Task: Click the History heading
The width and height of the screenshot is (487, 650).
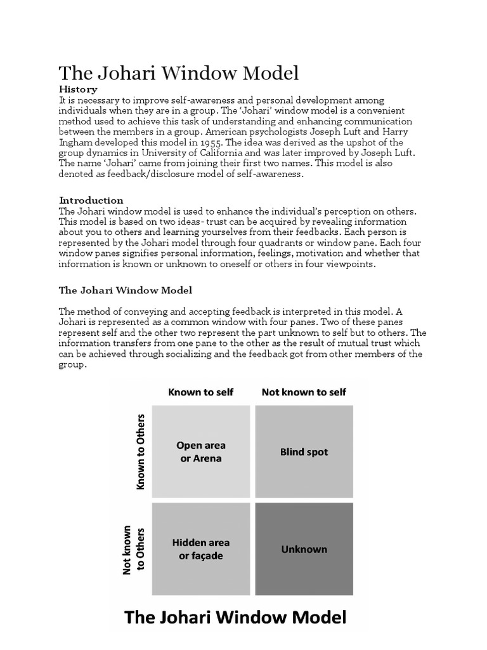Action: click(x=78, y=89)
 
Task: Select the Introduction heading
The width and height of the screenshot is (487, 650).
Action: click(x=91, y=200)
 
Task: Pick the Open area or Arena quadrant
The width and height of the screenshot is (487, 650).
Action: click(x=200, y=452)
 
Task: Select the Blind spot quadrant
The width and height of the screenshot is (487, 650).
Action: click(x=304, y=452)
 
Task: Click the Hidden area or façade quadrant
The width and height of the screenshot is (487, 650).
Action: click(x=200, y=549)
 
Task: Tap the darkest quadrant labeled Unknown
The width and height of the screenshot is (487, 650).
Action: click(x=304, y=549)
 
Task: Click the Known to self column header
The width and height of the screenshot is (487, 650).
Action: click(x=200, y=392)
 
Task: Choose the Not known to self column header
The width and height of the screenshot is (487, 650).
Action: click(x=304, y=392)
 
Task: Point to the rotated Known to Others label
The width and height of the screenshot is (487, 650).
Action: click(x=141, y=452)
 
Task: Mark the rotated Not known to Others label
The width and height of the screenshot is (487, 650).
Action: click(x=134, y=549)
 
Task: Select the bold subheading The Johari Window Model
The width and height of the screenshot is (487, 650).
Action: click(x=125, y=290)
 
